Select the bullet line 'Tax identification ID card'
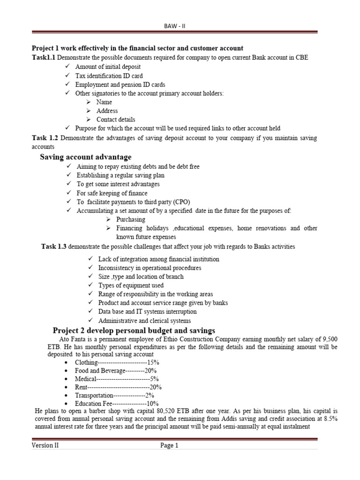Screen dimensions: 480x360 click(x=109, y=75)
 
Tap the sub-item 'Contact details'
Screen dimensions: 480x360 click(x=116, y=120)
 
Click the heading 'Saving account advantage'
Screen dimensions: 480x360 click(x=85, y=157)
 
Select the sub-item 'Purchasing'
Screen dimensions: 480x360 click(x=131, y=219)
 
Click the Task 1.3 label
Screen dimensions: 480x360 click(x=54, y=246)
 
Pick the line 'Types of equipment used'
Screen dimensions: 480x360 click(x=131, y=285)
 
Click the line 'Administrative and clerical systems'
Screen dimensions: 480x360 click(x=144, y=321)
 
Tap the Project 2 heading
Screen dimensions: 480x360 click(x=134, y=330)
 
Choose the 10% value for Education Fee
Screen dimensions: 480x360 click(x=153, y=403)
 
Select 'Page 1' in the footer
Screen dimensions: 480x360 click(x=169, y=446)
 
